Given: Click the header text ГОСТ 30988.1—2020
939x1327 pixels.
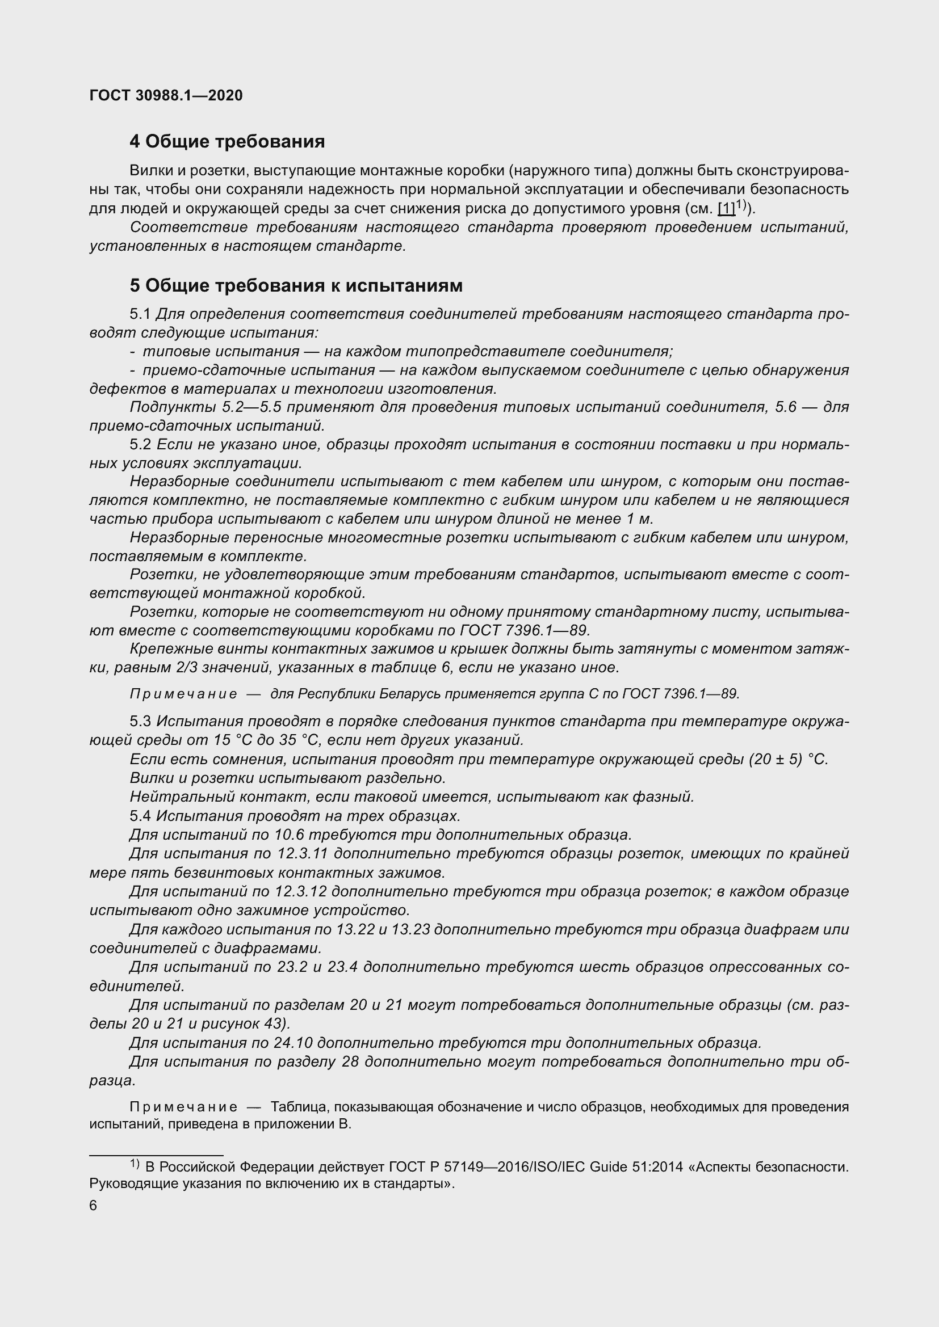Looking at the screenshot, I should point(166,95).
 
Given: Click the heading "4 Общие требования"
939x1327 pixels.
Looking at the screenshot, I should point(227,141).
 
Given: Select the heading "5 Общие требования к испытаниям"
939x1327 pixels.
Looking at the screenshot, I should point(295,285).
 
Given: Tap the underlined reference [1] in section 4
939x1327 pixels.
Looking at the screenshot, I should point(726,209).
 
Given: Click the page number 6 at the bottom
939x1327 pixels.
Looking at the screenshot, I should point(94,1206).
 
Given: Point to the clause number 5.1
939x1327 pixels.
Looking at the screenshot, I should point(140,314).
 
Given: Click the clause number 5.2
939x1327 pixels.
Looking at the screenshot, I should point(140,444).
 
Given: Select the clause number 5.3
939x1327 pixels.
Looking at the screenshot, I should point(140,721).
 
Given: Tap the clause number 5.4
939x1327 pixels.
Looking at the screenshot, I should point(140,815).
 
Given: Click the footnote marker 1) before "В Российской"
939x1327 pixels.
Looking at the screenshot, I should point(134,1164).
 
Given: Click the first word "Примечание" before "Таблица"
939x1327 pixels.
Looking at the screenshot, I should point(183,1107).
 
